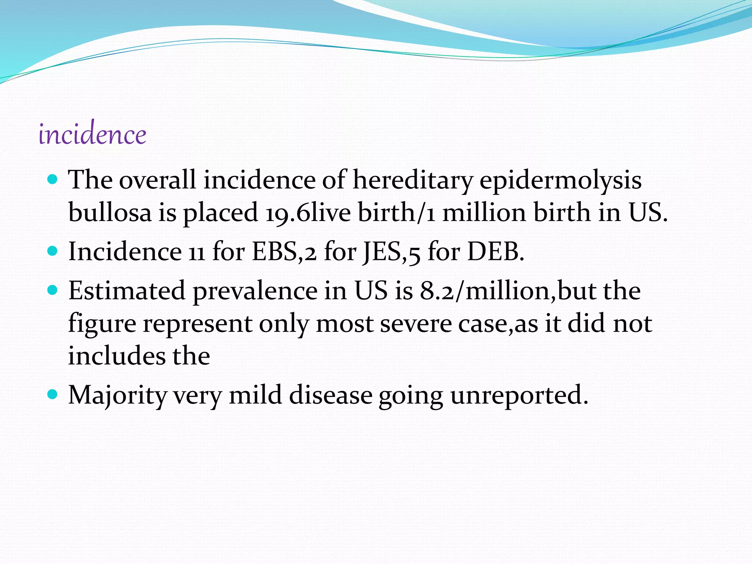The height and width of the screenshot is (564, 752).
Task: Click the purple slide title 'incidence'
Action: [x=92, y=134]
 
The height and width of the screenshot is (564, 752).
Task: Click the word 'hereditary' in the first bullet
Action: [x=412, y=180]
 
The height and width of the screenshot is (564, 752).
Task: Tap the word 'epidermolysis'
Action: [x=560, y=180]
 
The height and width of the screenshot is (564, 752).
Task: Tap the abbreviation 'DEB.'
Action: [x=496, y=252]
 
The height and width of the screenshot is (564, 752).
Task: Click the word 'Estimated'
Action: [x=127, y=291]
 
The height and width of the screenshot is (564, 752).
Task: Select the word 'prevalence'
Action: [x=255, y=291]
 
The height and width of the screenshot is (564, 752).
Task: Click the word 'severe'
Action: [x=416, y=324]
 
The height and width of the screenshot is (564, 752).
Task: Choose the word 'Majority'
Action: [x=117, y=395]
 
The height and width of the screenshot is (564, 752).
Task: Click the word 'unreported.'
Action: [x=519, y=395]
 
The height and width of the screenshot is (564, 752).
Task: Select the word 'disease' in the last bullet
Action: [x=330, y=395]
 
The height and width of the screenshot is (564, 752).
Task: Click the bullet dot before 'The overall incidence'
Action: [x=53, y=180]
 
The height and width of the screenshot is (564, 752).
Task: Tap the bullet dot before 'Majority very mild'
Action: [x=53, y=394]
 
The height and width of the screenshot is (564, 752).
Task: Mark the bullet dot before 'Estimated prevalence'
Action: [x=53, y=290]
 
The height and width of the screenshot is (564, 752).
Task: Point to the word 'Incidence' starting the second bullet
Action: [x=125, y=252]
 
